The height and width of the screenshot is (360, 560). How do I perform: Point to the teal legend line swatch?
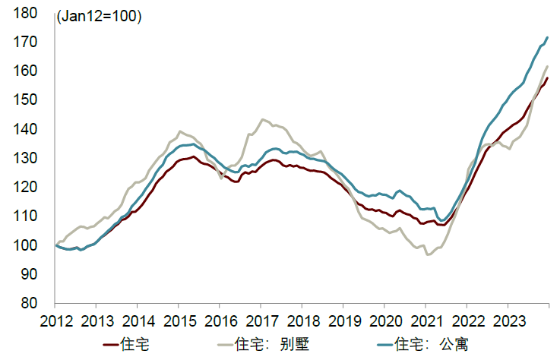(384, 345)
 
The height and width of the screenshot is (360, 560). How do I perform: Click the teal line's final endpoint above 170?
(547, 37)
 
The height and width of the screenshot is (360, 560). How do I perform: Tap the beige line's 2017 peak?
(263, 119)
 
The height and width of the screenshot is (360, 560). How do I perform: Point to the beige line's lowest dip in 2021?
(429, 254)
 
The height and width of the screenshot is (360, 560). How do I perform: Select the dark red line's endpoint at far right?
(547, 78)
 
